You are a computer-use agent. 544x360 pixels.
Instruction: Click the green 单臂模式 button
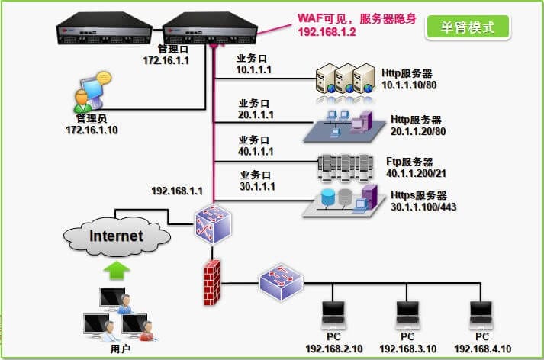click(468, 27)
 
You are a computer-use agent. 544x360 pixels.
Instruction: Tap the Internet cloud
click(116, 236)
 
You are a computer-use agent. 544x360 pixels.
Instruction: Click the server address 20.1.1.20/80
click(417, 131)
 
